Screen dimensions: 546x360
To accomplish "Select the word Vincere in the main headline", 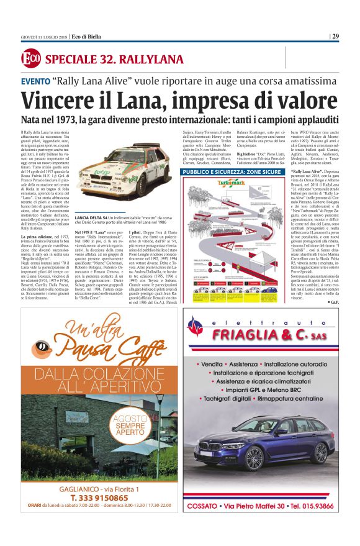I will [x=60, y=100].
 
